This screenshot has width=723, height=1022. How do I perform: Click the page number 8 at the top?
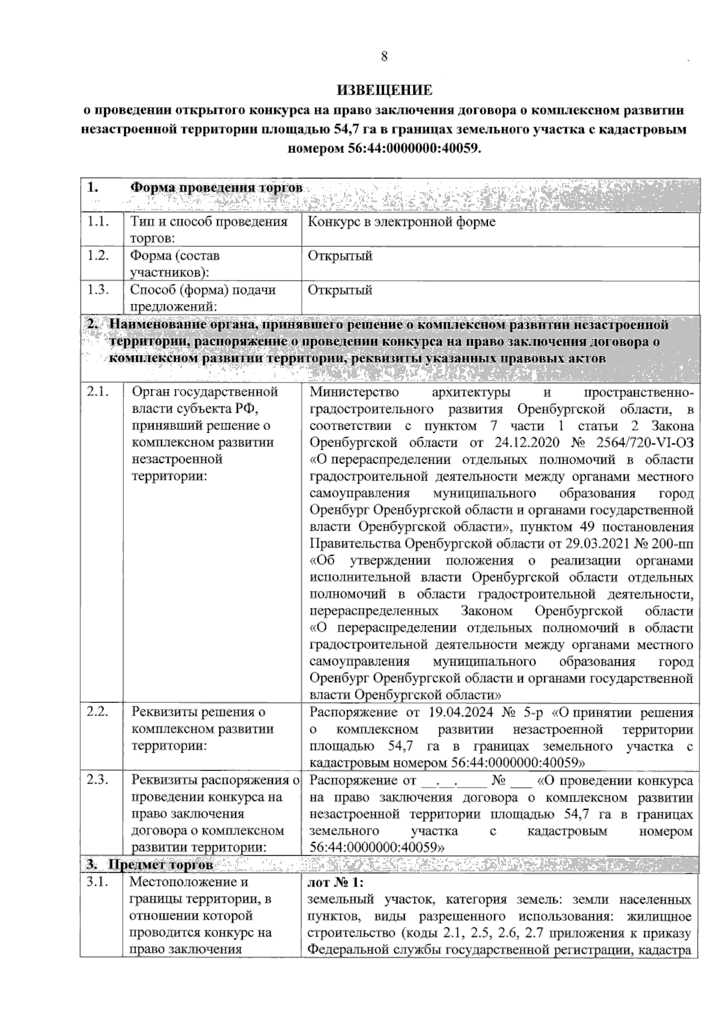point(384,57)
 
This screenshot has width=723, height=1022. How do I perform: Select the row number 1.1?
point(97,222)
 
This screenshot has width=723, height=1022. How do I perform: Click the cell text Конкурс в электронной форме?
point(402,222)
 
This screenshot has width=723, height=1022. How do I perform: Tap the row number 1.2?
point(97,255)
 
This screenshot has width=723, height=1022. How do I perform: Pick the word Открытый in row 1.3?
point(340,290)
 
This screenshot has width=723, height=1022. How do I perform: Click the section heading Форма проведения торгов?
point(216,187)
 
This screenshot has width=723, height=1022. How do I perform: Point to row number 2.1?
point(97,392)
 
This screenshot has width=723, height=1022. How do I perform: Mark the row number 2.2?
point(97,712)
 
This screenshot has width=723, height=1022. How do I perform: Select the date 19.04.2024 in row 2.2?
point(462,712)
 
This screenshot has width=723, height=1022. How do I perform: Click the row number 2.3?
point(97,780)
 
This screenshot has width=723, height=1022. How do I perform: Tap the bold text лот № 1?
point(336,883)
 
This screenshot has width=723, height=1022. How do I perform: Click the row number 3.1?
point(97,882)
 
